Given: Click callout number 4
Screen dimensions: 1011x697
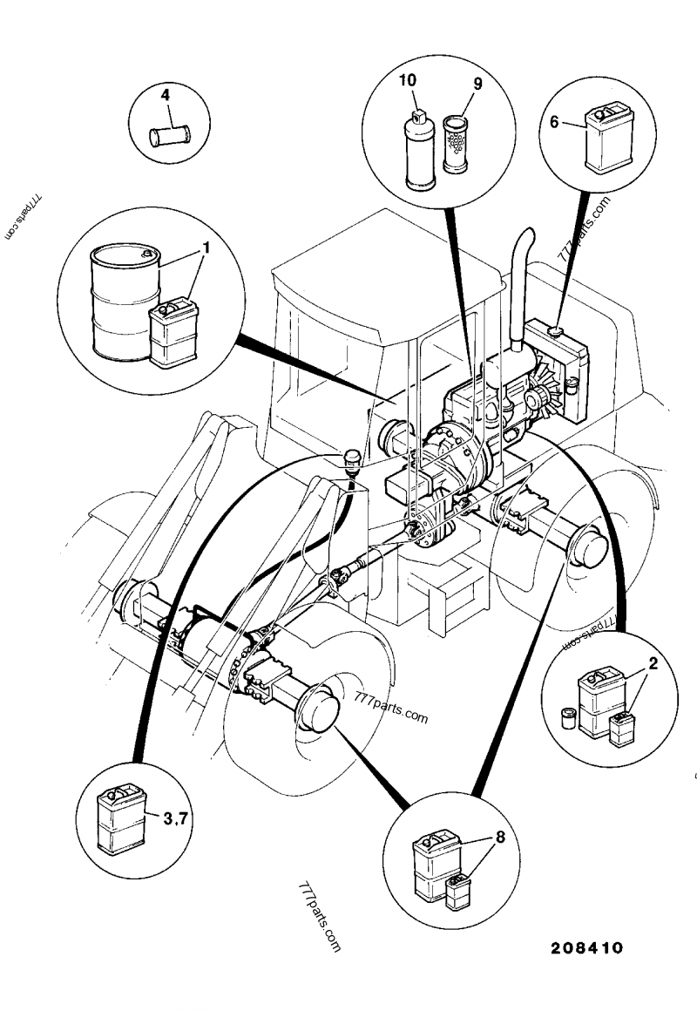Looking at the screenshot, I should [x=165, y=92].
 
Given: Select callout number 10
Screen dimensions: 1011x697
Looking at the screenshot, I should [x=407, y=80].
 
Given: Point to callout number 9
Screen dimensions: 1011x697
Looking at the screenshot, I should [x=477, y=85].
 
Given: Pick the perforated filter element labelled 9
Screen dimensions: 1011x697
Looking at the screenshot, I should [x=457, y=145].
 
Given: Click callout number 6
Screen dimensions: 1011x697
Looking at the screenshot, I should [x=554, y=122].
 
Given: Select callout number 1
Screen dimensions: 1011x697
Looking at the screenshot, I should [x=206, y=248].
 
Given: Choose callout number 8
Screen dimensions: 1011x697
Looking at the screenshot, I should [x=499, y=838].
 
